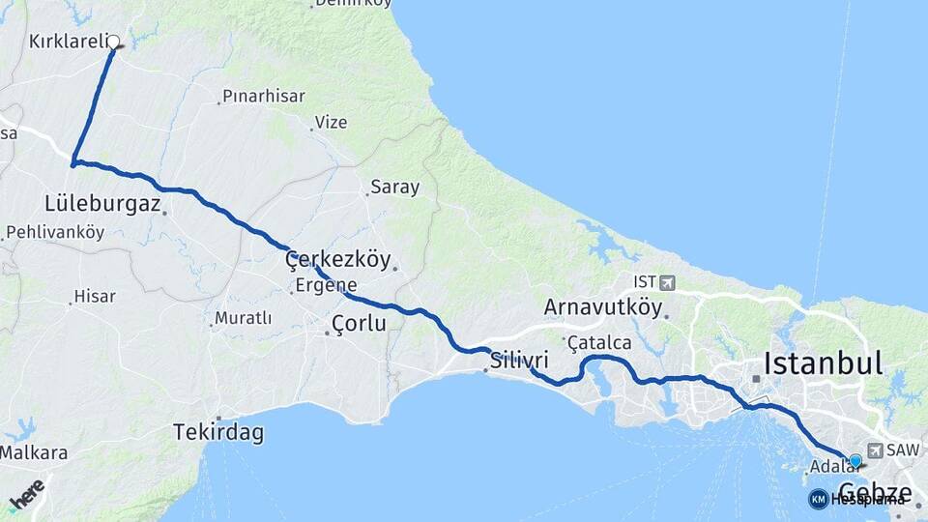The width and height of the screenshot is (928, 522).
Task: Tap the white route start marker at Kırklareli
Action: [113, 42]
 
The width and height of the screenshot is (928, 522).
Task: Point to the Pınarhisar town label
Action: [263, 96]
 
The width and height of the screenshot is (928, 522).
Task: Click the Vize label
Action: [332, 123]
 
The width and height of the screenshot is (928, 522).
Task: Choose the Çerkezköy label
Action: [337, 259]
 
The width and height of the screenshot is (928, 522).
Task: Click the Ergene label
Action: [327, 285]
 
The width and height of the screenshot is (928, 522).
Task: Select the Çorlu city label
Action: [359, 324]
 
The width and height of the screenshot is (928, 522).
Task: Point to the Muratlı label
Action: [243, 317]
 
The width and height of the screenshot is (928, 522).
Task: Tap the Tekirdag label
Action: [218, 432]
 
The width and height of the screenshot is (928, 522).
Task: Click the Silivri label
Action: [519, 361]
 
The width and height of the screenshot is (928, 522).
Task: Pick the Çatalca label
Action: [599, 342]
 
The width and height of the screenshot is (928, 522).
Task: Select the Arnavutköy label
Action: [603, 308]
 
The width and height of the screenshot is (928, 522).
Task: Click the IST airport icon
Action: [667, 282]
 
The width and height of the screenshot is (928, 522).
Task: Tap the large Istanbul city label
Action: [823, 363]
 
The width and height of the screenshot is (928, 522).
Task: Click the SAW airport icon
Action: [876, 450]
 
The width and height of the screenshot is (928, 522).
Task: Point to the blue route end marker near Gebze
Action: [855, 461]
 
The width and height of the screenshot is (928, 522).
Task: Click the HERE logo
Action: [27, 494]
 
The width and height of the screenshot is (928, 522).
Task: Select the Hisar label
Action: [95, 297]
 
